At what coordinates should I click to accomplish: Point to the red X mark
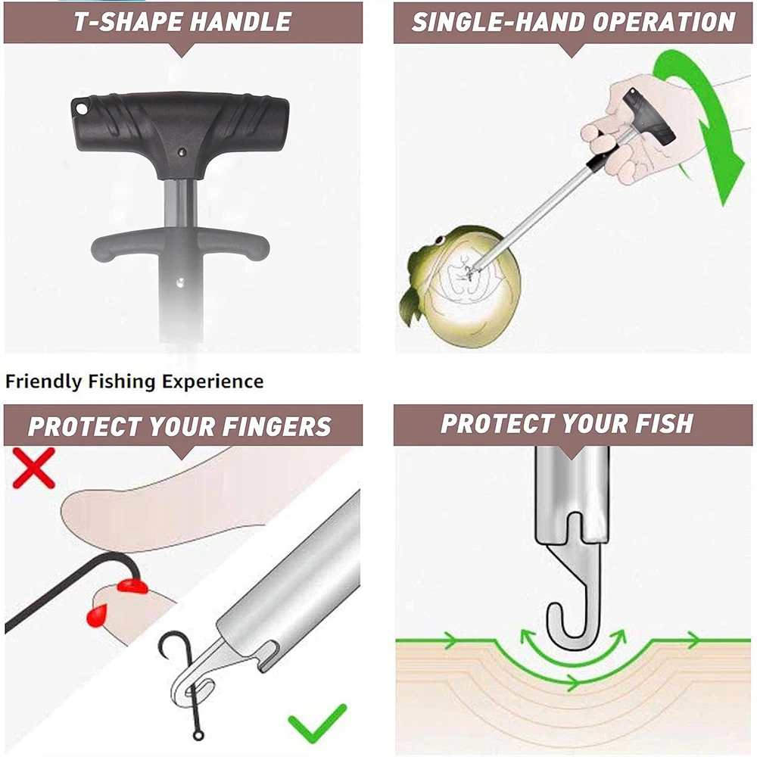pos(34,467)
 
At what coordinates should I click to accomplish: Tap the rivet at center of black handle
pos(181,151)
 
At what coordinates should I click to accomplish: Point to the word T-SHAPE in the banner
pos(123,21)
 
